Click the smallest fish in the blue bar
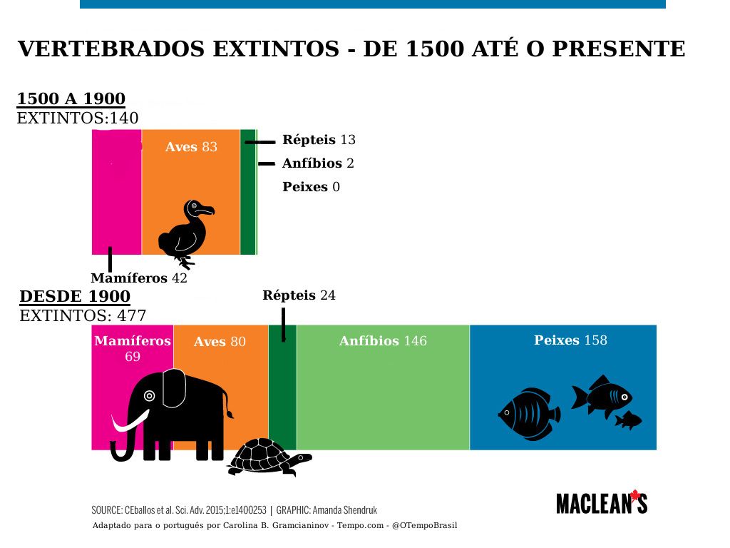point(628,421)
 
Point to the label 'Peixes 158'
point(570,340)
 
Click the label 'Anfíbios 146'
point(383,341)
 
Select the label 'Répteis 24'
point(299,295)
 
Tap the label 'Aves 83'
point(191,147)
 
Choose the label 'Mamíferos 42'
point(139,278)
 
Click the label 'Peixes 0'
point(311,187)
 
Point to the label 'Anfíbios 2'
point(318,163)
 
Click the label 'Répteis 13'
point(319,140)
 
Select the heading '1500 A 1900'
point(71,99)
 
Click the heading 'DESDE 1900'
point(75,297)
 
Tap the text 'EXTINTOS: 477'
point(83,316)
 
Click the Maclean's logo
point(602,502)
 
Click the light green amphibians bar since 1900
point(383,400)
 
